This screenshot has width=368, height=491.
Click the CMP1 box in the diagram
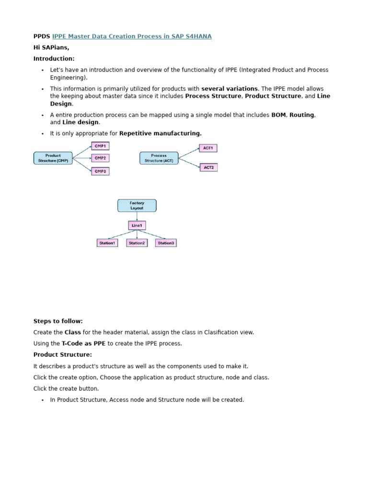tap(100, 146)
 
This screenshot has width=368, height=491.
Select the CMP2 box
tap(100, 158)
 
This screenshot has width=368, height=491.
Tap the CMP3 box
tap(100, 171)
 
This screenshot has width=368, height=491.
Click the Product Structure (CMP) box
tap(53, 158)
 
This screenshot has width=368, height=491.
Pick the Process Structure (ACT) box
tap(159, 158)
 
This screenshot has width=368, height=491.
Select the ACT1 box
tap(208, 148)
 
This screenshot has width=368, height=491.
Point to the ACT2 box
tap(208, 167)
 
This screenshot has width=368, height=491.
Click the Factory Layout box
tap(137, 206)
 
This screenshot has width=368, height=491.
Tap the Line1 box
tap(137, 225)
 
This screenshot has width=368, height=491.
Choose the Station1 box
tap(107, 243)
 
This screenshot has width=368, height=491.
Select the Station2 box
tap(137, 243)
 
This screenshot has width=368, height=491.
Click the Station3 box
tap(166, 243)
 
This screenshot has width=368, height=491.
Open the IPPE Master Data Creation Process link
tap(132, 36)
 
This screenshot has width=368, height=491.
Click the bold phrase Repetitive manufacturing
tap(161, 133)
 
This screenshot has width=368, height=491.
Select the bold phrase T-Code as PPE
tap(84, 343)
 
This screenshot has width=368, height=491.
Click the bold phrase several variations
tap(230, 89)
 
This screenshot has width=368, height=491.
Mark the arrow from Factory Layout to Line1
tap(137, 216)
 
